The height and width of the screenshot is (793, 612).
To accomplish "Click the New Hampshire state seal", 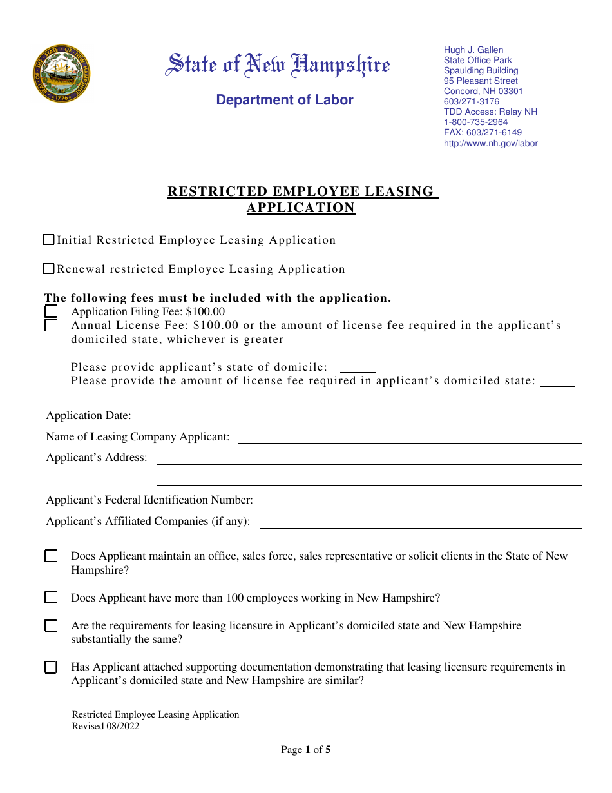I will click(x=61, y=73).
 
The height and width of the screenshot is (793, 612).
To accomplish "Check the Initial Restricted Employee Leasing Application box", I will click(x=48, y=240).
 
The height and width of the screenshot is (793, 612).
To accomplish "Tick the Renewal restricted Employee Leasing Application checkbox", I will click(x=48, y=269).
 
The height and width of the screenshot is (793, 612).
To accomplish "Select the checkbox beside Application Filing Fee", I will click(x=51, y=312).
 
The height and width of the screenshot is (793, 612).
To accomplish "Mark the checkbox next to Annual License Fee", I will click(x=51, y=326).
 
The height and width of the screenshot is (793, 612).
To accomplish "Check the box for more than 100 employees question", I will click(x=51, y=598).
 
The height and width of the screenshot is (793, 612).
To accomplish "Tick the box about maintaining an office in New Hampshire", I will click(x=51, y=556).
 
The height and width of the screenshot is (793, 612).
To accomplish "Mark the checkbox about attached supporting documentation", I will click(x=51, y=667).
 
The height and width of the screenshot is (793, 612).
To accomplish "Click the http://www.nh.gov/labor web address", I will click(x=490, y=144).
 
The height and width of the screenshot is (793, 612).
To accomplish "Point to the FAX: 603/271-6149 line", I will click(x=483, y=133).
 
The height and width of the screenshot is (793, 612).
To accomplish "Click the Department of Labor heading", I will click(x=285, y=100).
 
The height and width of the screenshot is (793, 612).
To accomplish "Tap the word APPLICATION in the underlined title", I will click(x=301, y=208).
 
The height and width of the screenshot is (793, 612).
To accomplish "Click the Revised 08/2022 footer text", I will click(x=106, y=726).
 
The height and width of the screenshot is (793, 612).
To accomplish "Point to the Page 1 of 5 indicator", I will click(x=306, y=750).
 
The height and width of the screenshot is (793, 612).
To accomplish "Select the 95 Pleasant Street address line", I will click(x=481, y=81).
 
